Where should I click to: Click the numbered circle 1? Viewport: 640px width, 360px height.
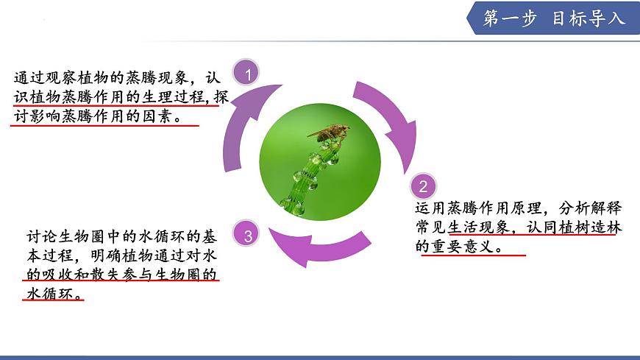pyautogui.click(x=249, y=74)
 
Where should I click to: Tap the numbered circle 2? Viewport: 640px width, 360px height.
pyautogui.click(x=423, y=185)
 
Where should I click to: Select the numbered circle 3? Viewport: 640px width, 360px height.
pyautogui.click(x=249, y=236)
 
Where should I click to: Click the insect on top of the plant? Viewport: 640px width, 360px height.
pyautogui.click(x=329, y=133)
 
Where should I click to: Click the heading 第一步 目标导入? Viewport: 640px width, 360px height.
pyautogui.click(x=553, y=18)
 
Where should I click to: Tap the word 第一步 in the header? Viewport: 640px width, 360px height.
pyautogui.click(x=510, y=18)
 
